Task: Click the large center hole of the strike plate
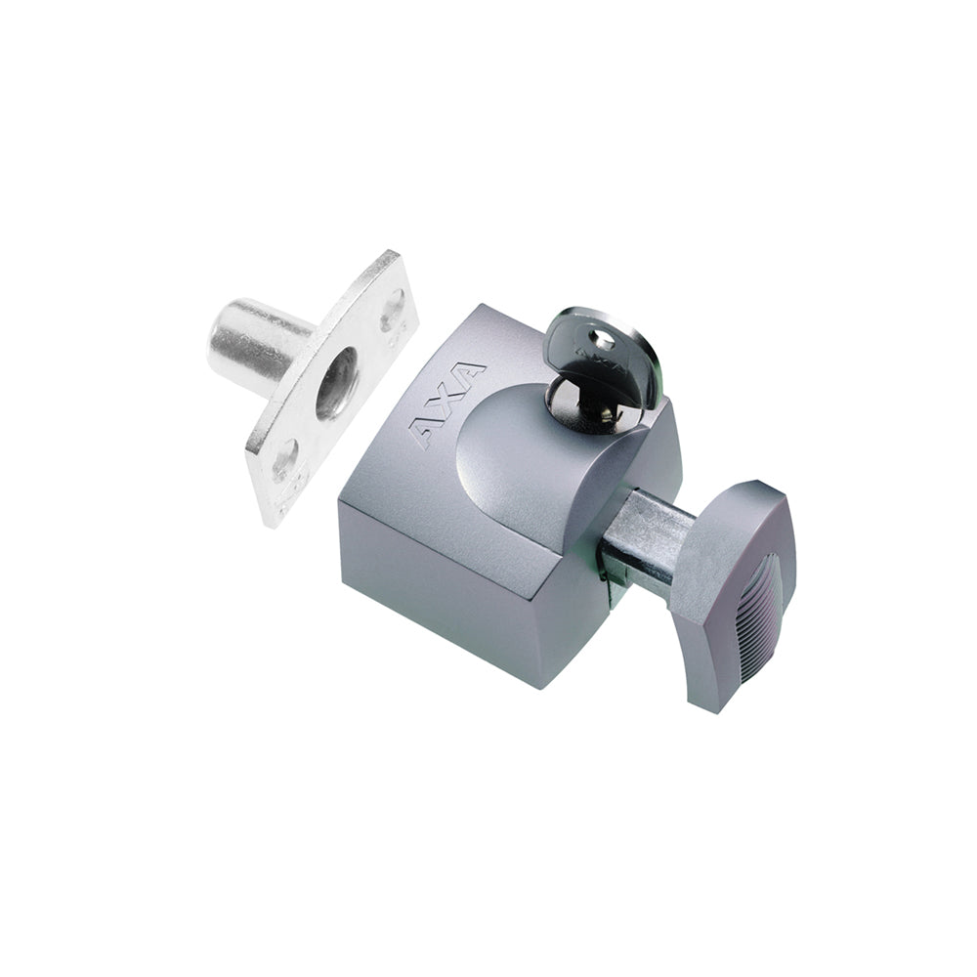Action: click(336, 382)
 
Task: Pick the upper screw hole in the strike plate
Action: click(392, 309)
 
